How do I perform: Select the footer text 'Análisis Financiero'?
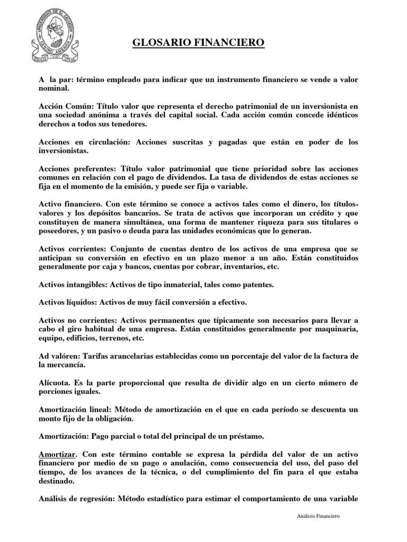click(317, 516)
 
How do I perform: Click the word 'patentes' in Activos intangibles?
click(256, 284)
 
